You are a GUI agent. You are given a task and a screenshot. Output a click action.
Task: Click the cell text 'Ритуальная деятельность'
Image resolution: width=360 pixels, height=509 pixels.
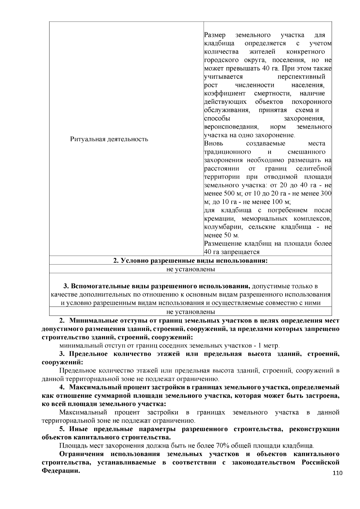click(x=109, y=139)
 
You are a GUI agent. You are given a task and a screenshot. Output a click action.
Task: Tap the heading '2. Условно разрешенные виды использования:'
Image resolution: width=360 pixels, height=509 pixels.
click(x=190, y=260)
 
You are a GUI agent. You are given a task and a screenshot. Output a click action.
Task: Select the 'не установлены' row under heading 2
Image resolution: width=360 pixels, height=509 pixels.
click(x=190, y=269)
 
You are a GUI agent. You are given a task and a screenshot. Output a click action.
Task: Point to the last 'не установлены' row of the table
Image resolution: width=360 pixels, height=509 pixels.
click(x=190, y=312)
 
